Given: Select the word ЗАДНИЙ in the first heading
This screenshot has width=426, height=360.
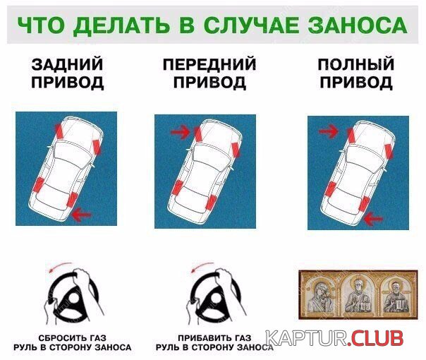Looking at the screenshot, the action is pyautogui.click(x=67, y=64).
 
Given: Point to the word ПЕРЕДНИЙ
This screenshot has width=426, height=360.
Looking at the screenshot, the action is pyautogui.click(x=209, y=64).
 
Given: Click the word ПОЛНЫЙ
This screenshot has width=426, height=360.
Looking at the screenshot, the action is pyautogui.click(x=356, y=64).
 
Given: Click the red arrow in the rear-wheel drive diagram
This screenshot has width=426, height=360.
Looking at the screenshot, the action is pyautogui.click(x=82, y=215).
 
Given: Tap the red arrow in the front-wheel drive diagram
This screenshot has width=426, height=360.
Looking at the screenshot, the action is pyautogui.click(x=181, y=132).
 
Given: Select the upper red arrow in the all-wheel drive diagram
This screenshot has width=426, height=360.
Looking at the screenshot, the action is pyautogui.click(x=329, y=131).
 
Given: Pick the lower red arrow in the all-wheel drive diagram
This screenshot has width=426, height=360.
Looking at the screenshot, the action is pyautogui.click(x=373, y=218).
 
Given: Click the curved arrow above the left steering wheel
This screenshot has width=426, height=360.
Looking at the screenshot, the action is pyautogui.click(x=59, y=265).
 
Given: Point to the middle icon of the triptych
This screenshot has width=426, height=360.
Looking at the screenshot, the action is pyautogui.click(x=358, y=295).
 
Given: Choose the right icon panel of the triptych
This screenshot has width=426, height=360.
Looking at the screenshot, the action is pyautogui.click(x=394, y=296).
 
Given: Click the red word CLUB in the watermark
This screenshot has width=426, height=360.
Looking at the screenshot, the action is pyautogui.click(x=376, y=338).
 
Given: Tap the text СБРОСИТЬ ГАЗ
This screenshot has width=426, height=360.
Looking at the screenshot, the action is pyautogui.click(x=72, y=338).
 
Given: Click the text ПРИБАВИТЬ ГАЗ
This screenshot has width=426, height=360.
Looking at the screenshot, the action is pyautogui.click(x=214, y=338).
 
